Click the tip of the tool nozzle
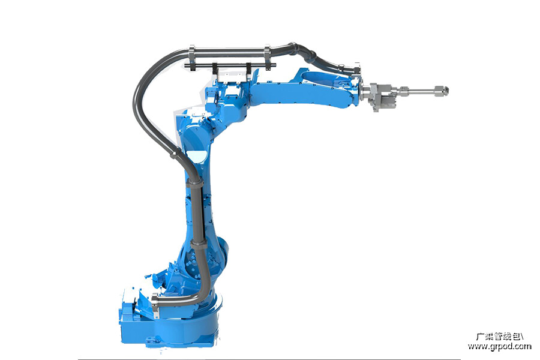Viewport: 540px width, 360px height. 448,91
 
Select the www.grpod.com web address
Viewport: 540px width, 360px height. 499,346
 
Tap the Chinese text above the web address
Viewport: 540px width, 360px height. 499,336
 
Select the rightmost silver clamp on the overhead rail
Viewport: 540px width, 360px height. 267,58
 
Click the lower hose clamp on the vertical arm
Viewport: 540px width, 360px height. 199,244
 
